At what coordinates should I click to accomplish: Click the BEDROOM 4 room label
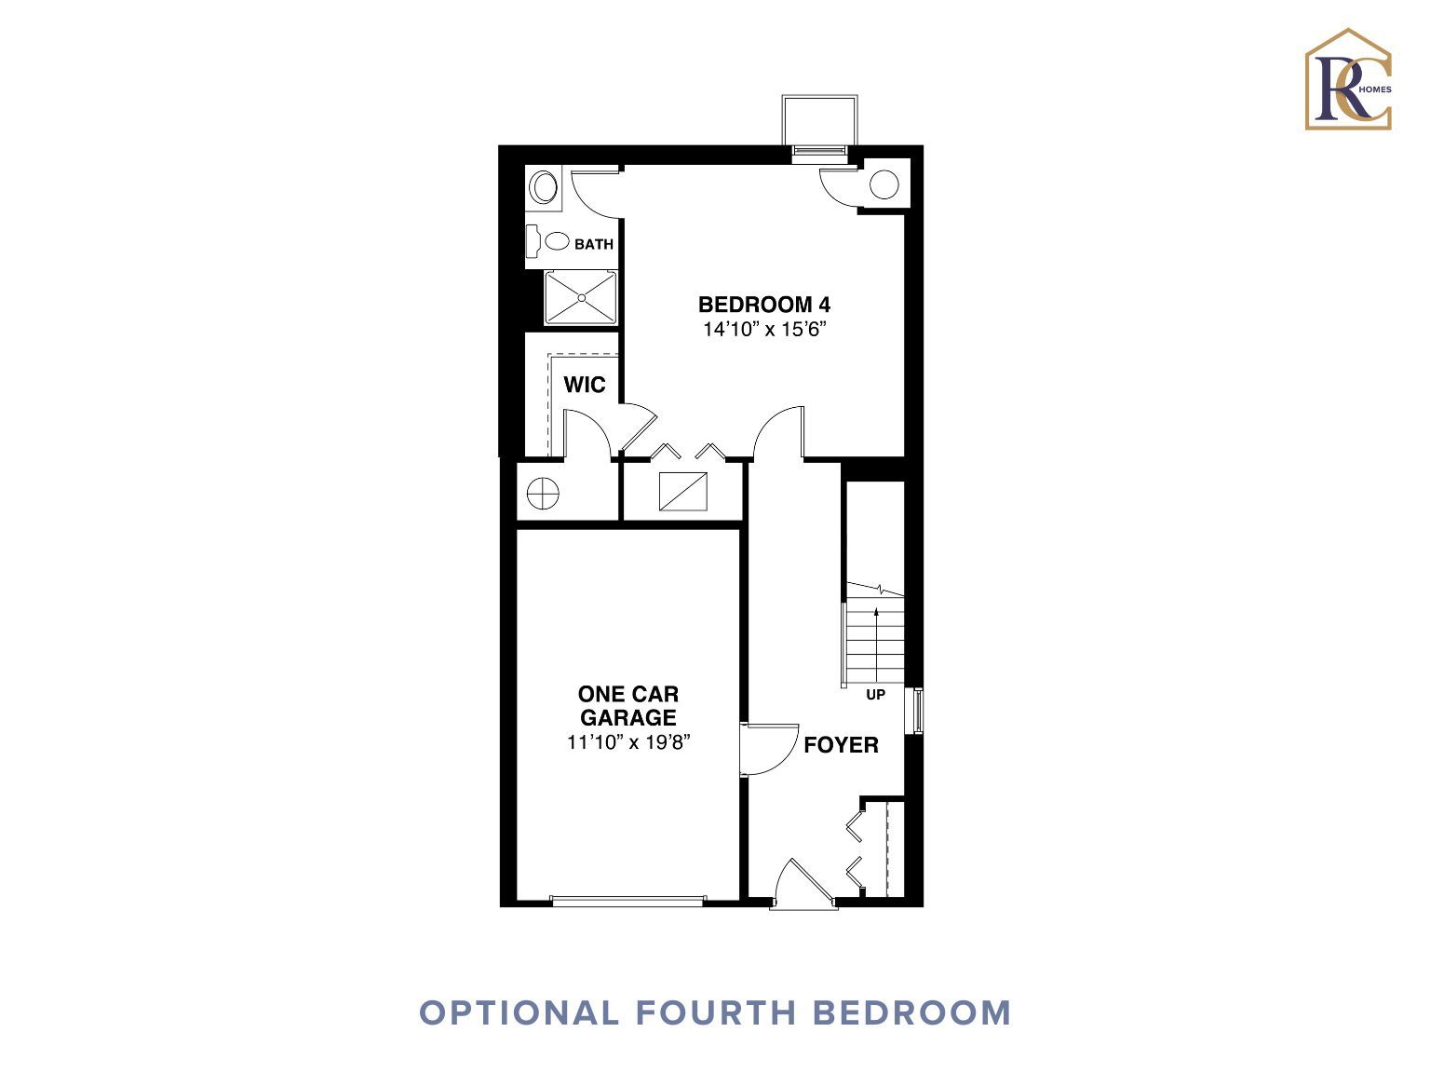pos(763,305)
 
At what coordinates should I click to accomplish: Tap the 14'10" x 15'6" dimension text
pos(764,329)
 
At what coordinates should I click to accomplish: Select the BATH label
pos(593,244)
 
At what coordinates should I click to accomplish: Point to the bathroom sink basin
pos(544,187)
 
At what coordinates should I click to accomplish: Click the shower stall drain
pos(581,298)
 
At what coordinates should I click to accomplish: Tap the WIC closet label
pos(585,385)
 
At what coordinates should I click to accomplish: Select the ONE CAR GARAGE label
pos(628,706)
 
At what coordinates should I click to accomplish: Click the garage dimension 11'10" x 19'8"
pos(628,742)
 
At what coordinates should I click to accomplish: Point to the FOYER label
pos(841,744)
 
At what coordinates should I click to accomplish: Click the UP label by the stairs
pos(875,695)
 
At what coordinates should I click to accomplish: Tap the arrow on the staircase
pos(876,645)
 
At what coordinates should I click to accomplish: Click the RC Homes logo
pos(1348,79)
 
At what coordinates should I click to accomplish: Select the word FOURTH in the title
pos(715,1013)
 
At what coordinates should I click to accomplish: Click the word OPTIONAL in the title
pos(519,1013)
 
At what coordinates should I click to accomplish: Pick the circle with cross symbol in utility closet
pos(543,493)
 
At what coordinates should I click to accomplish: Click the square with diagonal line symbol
pos(682,491)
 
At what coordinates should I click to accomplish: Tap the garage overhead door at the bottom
pos(628,901)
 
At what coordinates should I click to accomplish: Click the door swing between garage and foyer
pos(769,750)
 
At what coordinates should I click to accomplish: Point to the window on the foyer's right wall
pos(918,711)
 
